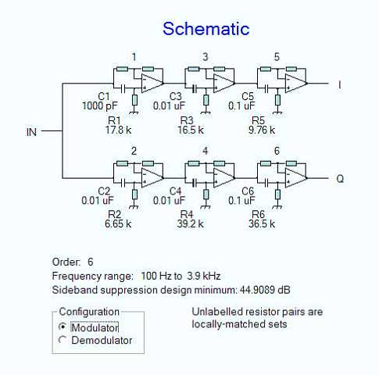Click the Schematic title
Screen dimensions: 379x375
pos(206,29)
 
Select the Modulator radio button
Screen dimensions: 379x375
pos(63,327)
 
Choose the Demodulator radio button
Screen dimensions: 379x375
pos(63,340)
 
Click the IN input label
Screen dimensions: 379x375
pos(31,132)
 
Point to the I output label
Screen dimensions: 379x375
pos(339,85)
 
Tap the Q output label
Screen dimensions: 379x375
pos(340,179)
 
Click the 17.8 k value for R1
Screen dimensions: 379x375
pos(118,130)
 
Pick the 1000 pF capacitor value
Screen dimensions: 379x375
pos(100,106)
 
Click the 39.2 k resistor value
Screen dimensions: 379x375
pos(190,223)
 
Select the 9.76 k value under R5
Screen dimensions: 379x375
pos(262,130)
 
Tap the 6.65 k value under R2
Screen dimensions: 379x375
pos(118,223)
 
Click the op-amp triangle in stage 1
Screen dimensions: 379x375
pos(152,84)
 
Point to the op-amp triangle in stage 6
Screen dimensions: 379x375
pos(296,178)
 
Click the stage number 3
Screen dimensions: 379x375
pos(206,57)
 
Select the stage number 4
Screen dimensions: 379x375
pos(206,151)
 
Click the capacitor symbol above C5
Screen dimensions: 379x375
pos(266,89)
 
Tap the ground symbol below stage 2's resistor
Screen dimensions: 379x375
pos(134,207)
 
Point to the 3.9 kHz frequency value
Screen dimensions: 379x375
pos(204,276)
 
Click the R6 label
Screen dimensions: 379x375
pos(258,214)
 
